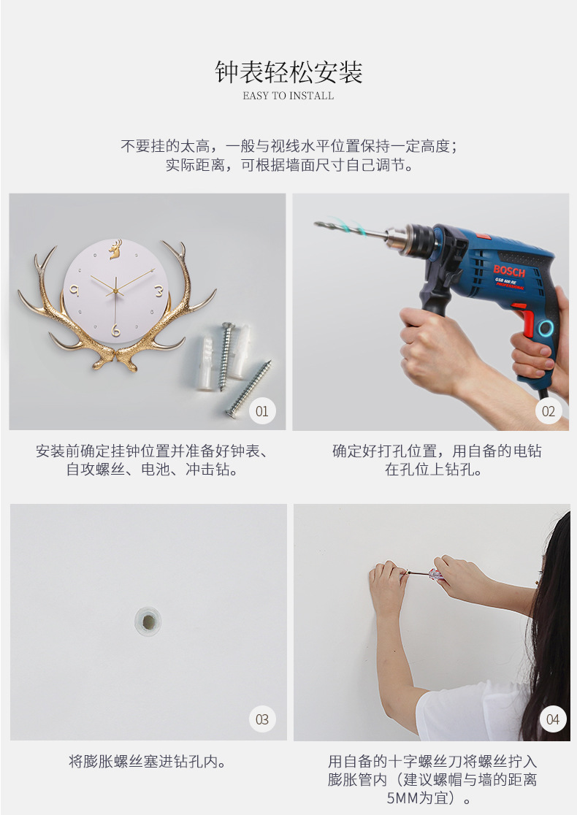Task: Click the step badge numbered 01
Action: (x=262, y=411)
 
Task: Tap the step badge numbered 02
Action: (x=549, y=411)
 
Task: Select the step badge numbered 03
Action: (x=262, y=719)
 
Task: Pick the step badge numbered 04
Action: (x=553, y=719)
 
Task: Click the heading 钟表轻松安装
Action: (x=288, y=72)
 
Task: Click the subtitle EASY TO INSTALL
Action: (x=288, y=96)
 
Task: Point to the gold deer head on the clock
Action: (x=115, y=250)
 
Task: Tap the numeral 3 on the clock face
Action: (x=159, y=291)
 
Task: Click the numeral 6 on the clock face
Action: (x=116, y=329)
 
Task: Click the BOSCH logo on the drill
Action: (x=509, y=271)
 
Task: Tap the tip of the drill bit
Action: (x=316, y=223)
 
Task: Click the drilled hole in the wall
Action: (x=148, y=620)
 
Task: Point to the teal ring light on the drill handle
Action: (x=546, y=328)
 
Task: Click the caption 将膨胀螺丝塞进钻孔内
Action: (x=148, y=762)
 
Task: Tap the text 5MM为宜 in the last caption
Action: (x=417, y=797)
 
